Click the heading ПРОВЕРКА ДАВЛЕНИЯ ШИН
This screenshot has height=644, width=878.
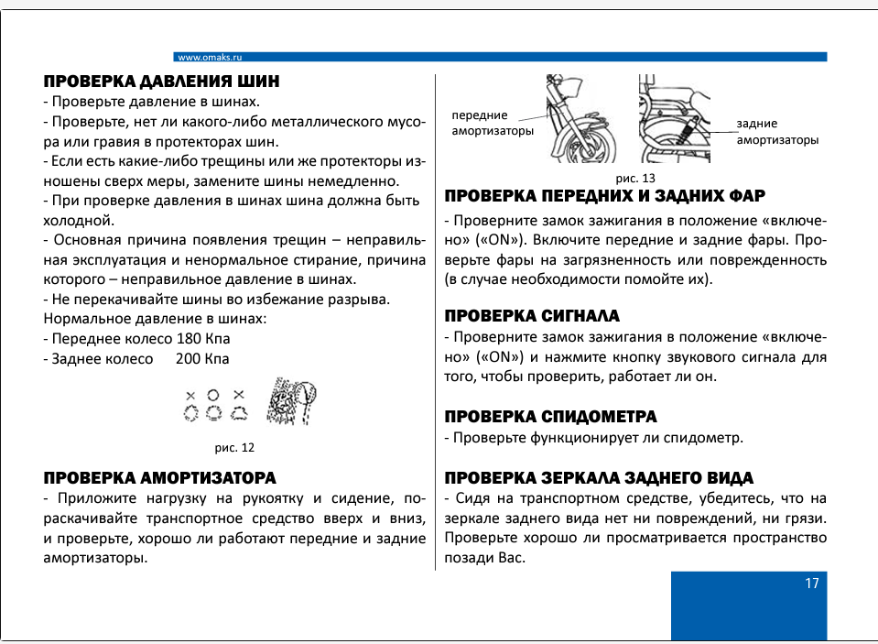(x=161, y=81)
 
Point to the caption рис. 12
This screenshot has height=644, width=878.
(x=233, y=448)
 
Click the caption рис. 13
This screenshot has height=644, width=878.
(x=635, y=177)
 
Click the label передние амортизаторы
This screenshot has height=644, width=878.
(x=493, y=124)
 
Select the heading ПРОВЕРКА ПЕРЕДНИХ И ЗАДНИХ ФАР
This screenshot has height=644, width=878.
(x=604, y=196)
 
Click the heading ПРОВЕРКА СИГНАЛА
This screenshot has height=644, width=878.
(x=532, y=316)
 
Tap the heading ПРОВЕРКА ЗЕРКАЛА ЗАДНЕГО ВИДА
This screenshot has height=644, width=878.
(x=599, y=477)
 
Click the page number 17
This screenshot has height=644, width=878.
(x=811, y=584)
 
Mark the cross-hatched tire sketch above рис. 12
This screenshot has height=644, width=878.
(x=293, y=402)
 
